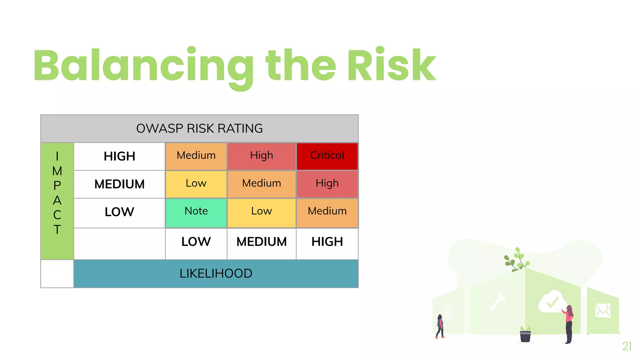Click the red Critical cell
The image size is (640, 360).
pos(327,156)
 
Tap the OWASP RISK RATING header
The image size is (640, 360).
pos(199,128)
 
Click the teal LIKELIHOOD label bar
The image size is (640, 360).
pos(216,273)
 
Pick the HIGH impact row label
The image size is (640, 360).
pos(119,156)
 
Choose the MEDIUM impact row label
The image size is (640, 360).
pos(119,184)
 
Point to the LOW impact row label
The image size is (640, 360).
pos(119,212)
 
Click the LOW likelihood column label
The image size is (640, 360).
pos(196,242)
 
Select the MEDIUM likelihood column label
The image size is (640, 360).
pos(261,242)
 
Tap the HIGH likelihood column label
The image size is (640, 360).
pos(327,242)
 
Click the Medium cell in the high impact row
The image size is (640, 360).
pos(196,156)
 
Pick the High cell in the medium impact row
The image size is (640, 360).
pos(327,184)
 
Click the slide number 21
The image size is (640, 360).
pos(627,346)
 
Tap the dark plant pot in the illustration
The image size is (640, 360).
pos(525,336)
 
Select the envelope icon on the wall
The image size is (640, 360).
pos(602,310)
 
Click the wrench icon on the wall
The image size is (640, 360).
pos(497,300)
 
